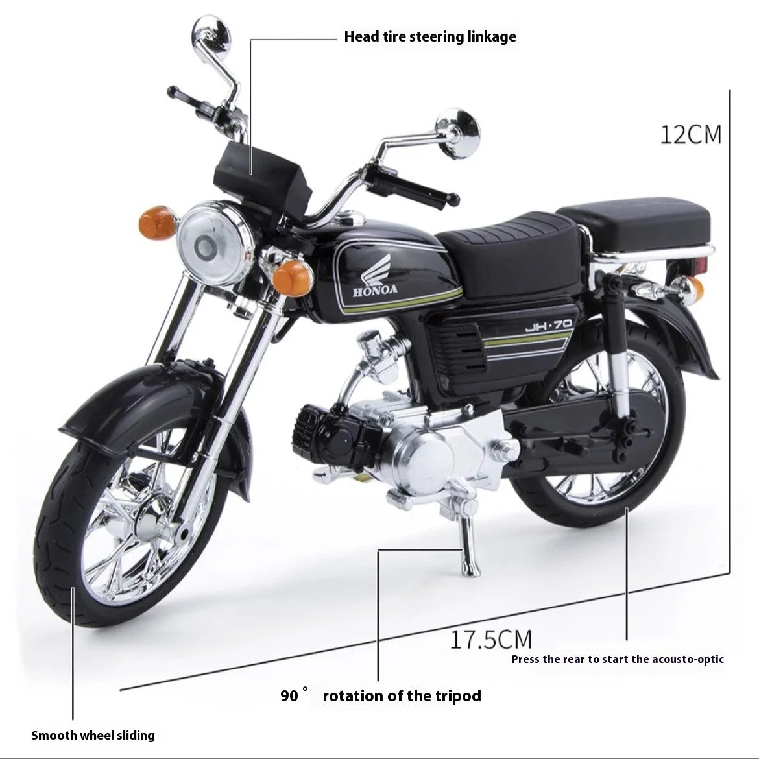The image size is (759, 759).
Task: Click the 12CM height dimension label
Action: click(691, 134)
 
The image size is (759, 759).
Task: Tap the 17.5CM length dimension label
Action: click(491, 639)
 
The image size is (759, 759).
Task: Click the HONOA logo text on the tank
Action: click(375, 289)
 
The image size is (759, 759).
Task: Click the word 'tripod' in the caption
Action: click(457, 696)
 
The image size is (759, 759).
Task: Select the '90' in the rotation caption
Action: click(289, 696)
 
